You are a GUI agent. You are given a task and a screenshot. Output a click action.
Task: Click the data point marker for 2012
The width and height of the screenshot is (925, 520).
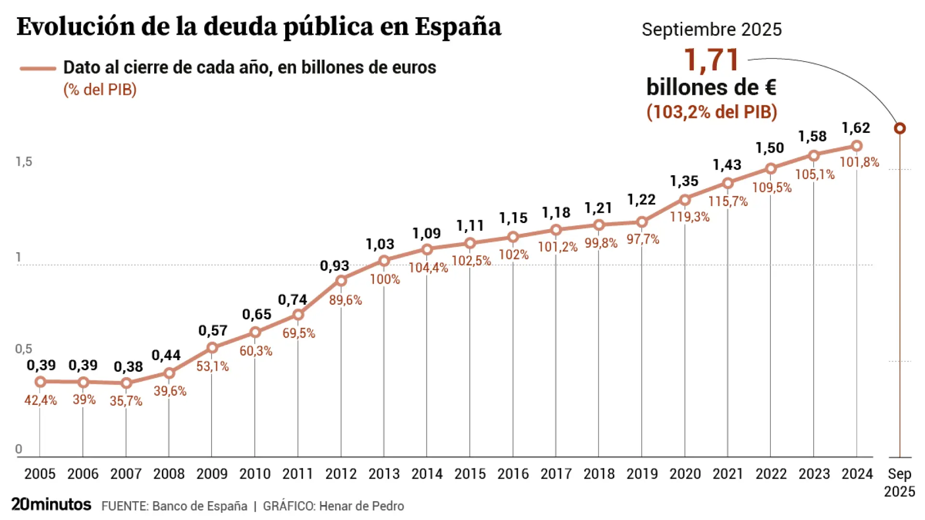click(x=341, y=281)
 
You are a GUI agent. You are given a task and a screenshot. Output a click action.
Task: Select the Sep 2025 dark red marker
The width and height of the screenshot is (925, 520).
click(x=899, y=129)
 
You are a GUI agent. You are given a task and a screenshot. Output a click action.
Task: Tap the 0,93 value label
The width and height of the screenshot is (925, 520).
click(x=334, y=266)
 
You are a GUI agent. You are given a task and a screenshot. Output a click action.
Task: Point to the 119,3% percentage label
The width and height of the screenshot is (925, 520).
click(x=689, y=217)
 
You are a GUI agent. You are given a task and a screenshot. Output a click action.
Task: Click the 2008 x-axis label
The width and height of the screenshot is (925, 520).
click(x=169, y=474)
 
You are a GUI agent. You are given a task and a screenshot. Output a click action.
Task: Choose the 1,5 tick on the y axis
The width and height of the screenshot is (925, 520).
click(x=24, y=162)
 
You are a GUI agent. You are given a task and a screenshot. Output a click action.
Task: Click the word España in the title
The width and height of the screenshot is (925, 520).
click(x=458, y=27)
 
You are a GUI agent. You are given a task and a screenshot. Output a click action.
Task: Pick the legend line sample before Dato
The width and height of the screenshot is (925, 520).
click(x=38, y=68)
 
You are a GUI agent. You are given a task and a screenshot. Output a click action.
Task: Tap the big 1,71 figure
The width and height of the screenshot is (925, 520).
click(x=711, y=60)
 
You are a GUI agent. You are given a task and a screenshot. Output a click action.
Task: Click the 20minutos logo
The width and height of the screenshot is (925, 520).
click(x=51, y=505)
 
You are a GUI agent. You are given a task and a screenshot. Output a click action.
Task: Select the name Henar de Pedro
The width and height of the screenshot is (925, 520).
click(x=361, y=506)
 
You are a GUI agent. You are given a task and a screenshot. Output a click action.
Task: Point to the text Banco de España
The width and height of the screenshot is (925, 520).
click(x=199, y=506)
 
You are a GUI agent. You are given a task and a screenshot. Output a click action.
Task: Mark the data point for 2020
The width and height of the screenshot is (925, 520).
click(x=685, y=200)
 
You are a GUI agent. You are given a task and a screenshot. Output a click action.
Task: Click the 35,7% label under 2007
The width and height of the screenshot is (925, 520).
click(x=126, y=401)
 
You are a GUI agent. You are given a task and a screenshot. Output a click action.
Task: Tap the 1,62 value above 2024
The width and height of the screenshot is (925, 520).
click(x=856, y=128)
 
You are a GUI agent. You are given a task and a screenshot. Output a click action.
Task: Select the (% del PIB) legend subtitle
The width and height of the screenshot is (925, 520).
click(x=100, y=90)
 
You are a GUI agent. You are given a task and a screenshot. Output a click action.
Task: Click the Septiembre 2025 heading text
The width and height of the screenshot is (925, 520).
click(x=711, y=30)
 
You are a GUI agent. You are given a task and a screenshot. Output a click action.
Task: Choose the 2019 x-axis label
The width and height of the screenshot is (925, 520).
click(x=642, y=474)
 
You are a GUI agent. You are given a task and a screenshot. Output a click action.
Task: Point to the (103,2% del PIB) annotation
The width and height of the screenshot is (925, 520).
click(x=712, y=112)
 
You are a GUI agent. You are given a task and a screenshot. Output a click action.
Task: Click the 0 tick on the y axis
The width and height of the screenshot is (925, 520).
click(x=19, y=449)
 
